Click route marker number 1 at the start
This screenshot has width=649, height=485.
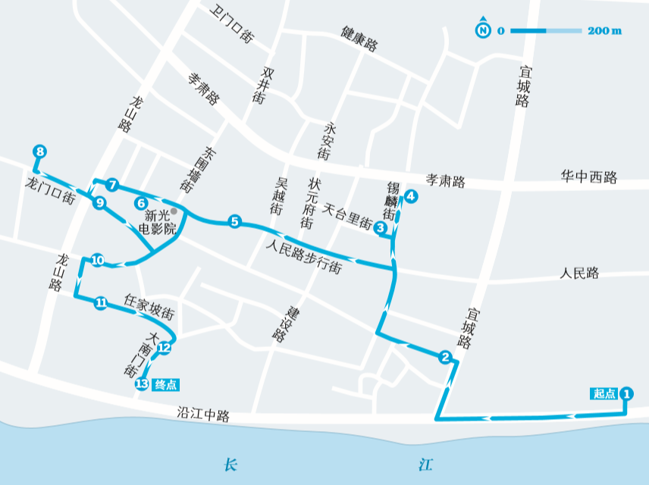tap(626, 393)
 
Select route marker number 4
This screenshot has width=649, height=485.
tap(410, 197)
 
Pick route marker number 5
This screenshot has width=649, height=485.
tap(235, 221)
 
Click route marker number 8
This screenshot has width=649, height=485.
tap(40, 152)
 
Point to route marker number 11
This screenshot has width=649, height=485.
tap(101, 303)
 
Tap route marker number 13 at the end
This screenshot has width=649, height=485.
tap(141, 384)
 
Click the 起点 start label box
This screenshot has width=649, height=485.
tap(604, 393)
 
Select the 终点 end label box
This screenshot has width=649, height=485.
tap(166, 384)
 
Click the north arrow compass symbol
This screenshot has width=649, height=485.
tap(482, 30)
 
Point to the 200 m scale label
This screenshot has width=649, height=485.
tap(605, 31)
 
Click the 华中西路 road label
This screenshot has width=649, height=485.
tap(588, 177)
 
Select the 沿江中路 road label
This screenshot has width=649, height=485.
tap(202, 415)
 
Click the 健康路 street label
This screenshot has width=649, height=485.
tap(359, 39)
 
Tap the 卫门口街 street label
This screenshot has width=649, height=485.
tap(234, 26)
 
